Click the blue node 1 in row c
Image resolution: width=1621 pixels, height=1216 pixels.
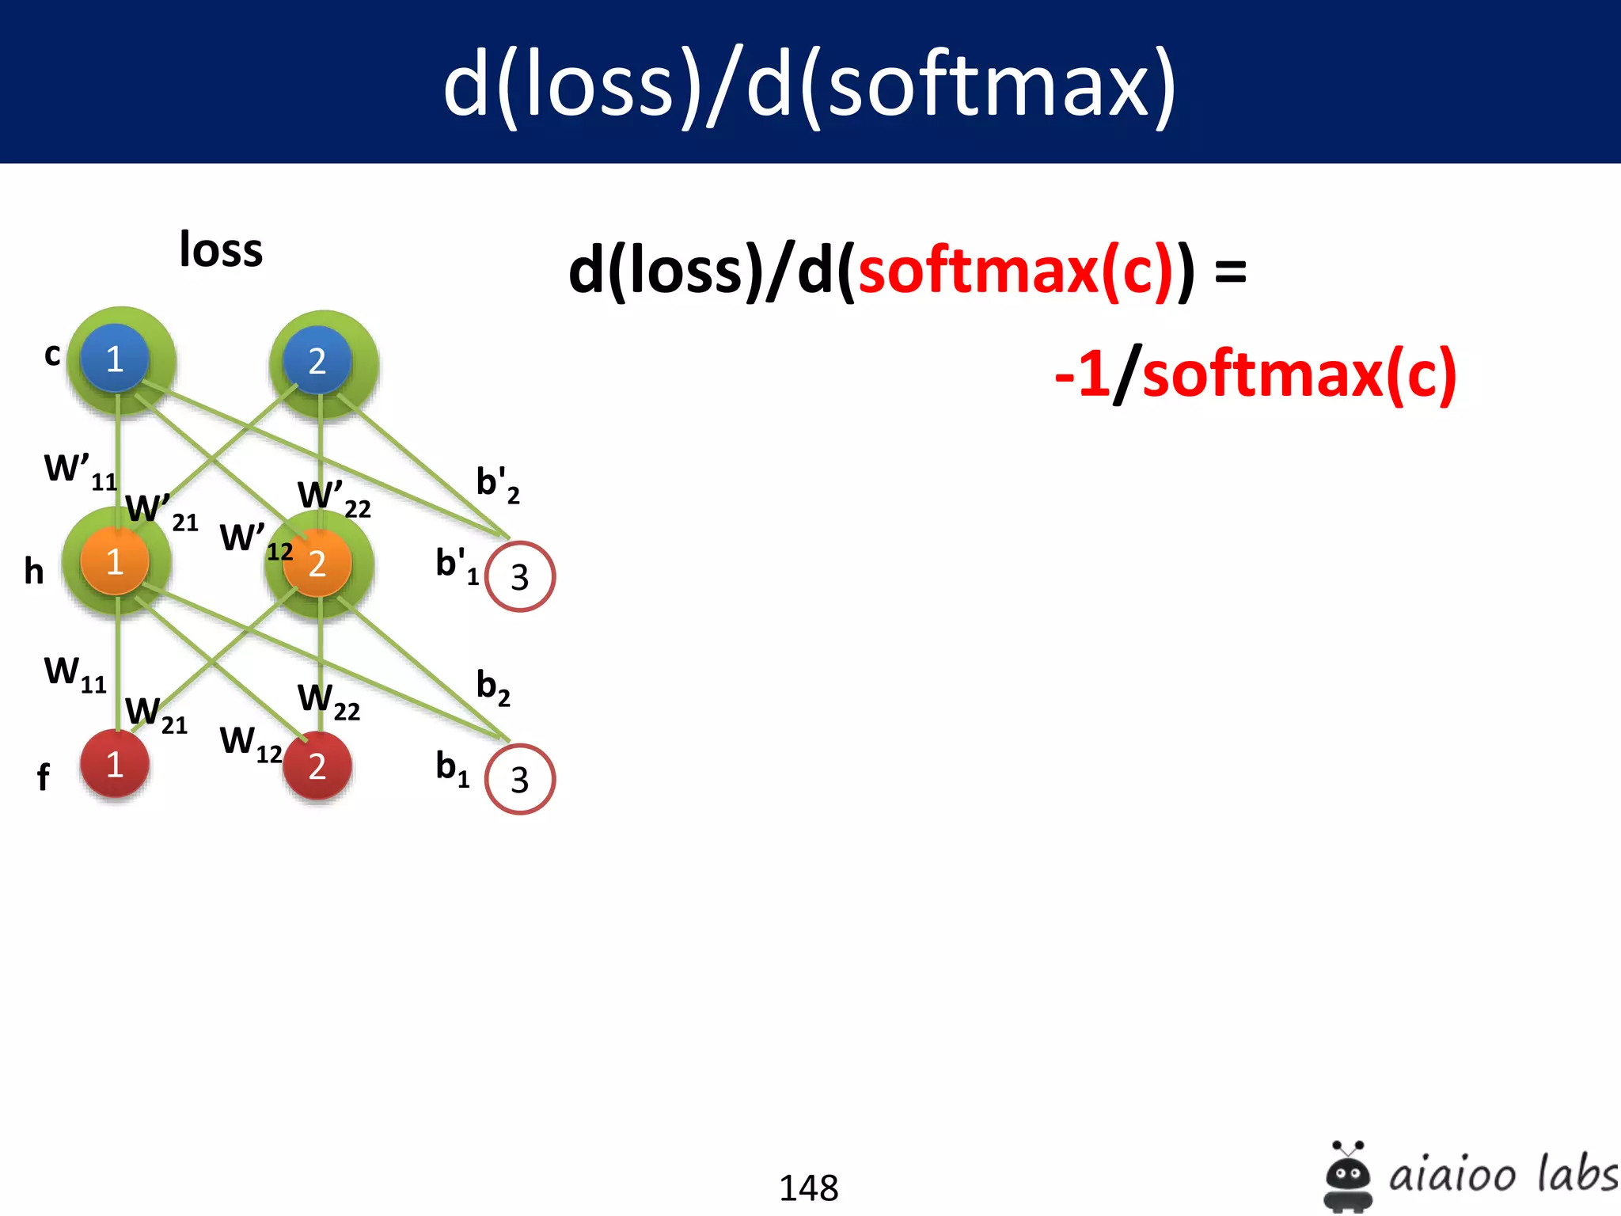tap(115, 359)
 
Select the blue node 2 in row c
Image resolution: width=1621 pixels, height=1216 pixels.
tap(317, 361)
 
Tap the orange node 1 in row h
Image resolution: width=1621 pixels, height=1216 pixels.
tap(115, 561)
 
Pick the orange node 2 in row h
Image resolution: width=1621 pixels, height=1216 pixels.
tap(317, 563)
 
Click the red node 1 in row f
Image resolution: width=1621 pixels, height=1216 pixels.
tap(115, 765)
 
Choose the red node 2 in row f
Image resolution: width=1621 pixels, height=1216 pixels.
tap(317, 766)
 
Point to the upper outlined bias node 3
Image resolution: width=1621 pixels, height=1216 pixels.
tap(520, 576)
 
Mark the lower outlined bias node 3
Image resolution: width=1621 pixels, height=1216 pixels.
tap(520, 780)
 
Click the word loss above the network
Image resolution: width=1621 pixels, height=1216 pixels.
tap(221, 250)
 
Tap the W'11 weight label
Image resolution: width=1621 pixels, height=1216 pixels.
tap(80, 471)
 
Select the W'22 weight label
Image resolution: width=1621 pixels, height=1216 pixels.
tap(333, 498)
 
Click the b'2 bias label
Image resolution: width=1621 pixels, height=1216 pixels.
tap(497, 484)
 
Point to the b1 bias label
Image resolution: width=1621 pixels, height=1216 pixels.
tap(452, 768)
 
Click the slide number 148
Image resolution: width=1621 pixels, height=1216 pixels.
tap(808, 1187)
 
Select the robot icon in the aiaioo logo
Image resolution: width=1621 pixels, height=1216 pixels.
tap(1347, 1176)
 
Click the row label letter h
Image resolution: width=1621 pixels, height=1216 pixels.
tap(34, 571)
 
